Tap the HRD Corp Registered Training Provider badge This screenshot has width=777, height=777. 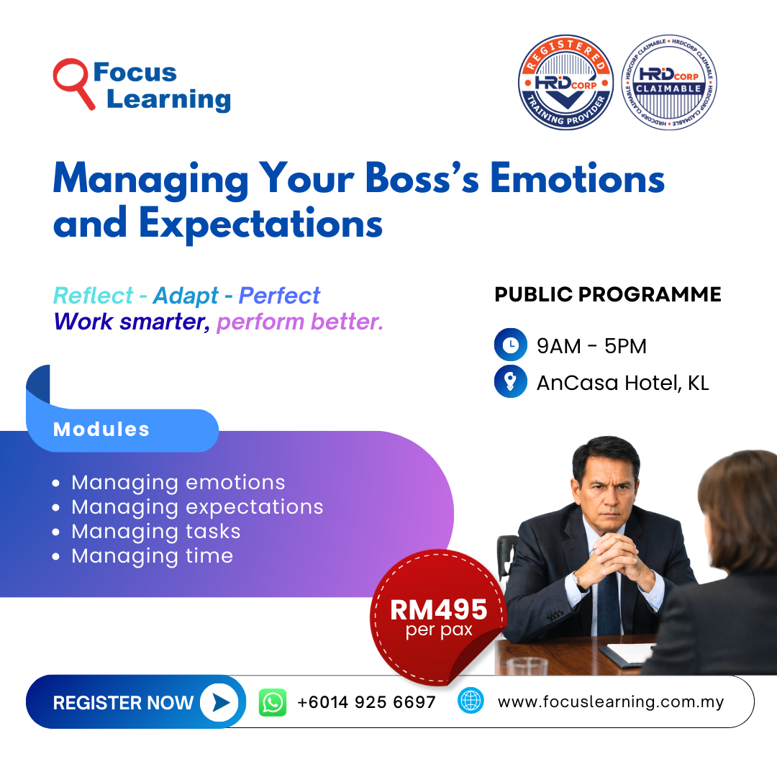tap(566, 82)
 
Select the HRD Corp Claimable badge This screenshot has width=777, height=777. tap(669, 82)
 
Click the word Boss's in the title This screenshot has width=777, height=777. tap(422, 178)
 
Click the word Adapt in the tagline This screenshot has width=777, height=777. tap(186, 296)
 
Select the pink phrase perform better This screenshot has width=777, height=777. tap(300, 322)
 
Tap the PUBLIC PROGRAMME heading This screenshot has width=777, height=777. tap(607, 294)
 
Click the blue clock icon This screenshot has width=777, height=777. tap(510, 345)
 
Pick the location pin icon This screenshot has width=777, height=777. tap(510, 381)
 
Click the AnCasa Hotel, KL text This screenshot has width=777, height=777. tap(623, 383)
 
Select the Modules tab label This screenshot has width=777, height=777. tap(101, 429)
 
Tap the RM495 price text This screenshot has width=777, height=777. tap(439, 609)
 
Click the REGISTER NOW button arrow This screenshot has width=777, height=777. tap(219, 702)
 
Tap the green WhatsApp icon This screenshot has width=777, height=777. tap(273, 702)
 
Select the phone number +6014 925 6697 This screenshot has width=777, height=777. tap(366, 702)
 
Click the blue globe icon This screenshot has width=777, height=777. tap(471, 701)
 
